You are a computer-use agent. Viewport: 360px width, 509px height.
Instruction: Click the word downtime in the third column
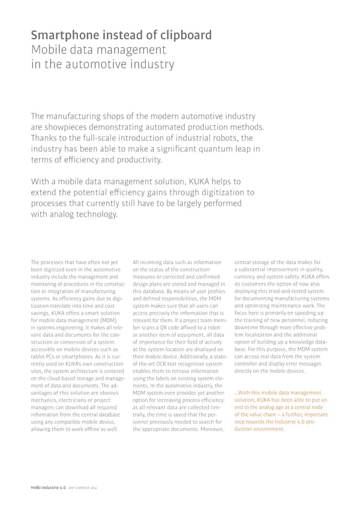tap(247, 328)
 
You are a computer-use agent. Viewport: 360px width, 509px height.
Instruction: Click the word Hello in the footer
tap(38, 487)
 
